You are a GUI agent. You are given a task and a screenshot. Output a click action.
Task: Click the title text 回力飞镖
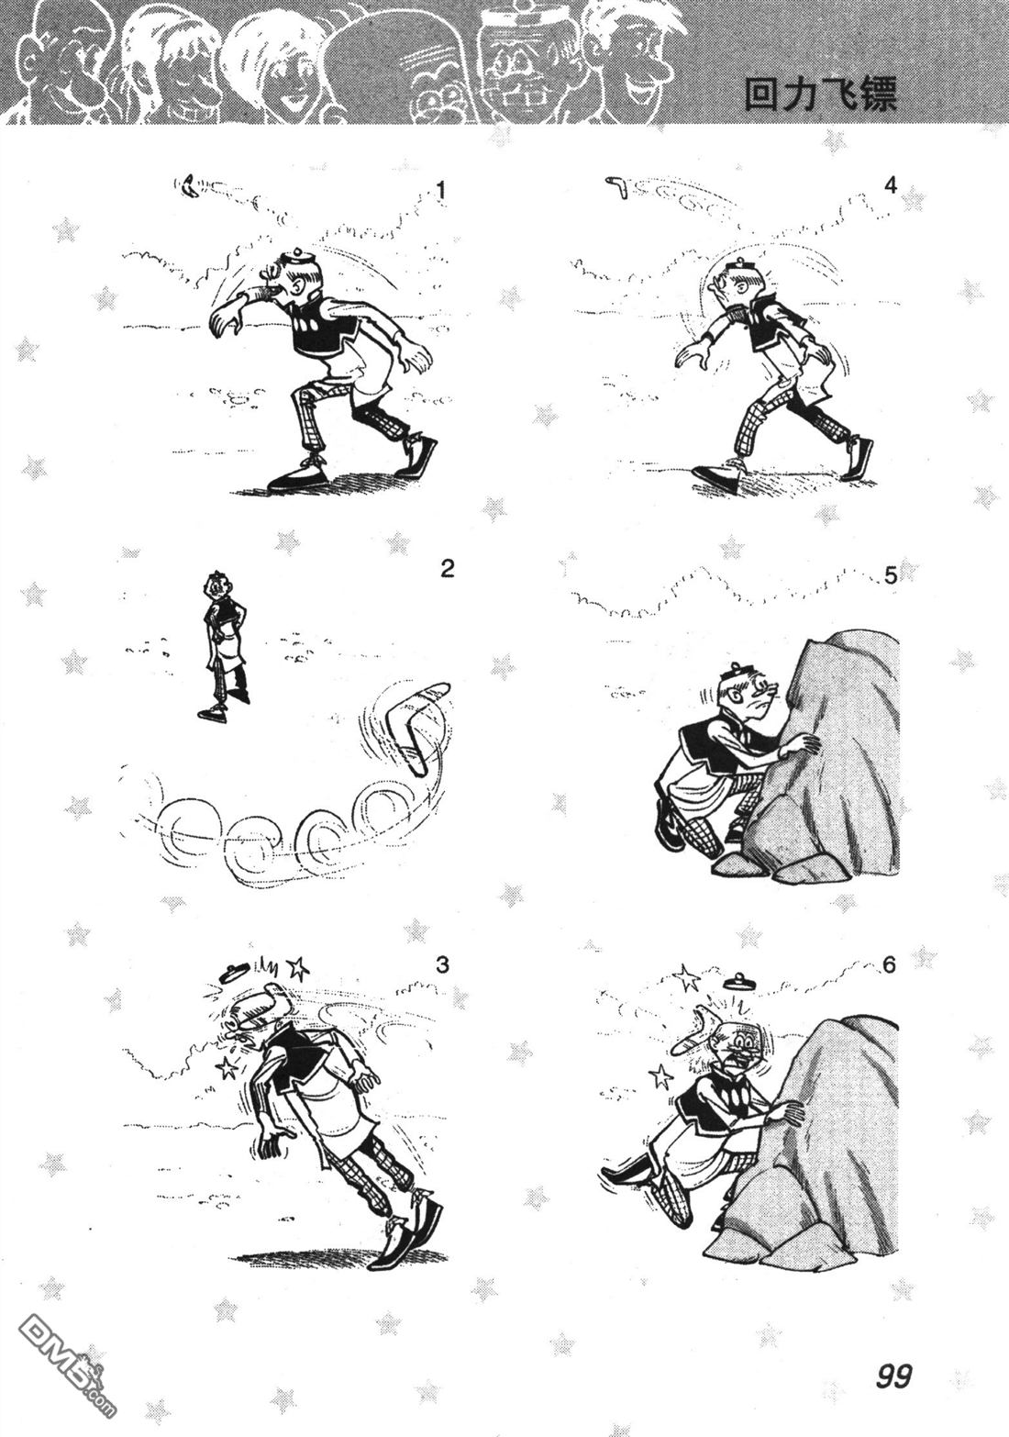point(820,95)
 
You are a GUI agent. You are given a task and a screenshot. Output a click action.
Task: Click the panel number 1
point(440,191)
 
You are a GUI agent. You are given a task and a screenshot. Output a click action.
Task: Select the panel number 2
point(447,568)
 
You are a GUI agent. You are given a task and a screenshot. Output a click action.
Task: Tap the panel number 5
point(891,576)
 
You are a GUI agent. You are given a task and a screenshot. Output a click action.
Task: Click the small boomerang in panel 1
point(189,185)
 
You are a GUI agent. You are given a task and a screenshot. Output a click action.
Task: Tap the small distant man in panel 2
point(222,645)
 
